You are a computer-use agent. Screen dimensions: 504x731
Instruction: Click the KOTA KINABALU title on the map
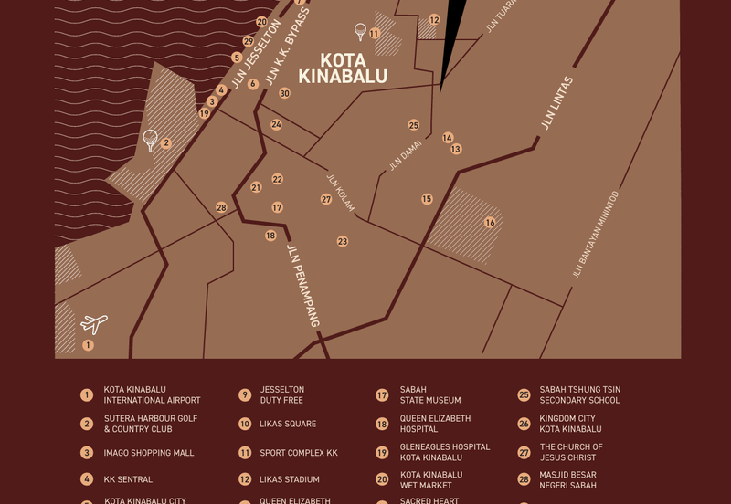coord(343,68)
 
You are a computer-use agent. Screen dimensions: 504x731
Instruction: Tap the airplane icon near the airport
coord(94,324)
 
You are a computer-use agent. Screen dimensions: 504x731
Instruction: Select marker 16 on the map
coord(490,223)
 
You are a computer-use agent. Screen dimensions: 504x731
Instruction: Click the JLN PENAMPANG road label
coord(303,286)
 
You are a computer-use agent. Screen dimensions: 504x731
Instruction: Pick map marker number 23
coord(343,242)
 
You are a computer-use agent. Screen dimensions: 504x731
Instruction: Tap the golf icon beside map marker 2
coord(151,140)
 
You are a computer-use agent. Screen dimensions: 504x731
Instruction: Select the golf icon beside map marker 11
coord(361,32)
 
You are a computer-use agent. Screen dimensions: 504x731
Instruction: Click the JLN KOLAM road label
coord(341,193)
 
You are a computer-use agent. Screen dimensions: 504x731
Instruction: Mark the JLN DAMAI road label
coord(405,155)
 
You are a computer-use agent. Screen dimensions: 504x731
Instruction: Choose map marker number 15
coord(427,199)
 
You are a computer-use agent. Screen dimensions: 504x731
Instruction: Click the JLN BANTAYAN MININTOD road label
coord(595,235)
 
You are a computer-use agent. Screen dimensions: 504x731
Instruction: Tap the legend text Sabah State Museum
coord(429,394)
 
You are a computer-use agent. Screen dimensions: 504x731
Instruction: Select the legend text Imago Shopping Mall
coord(148,453)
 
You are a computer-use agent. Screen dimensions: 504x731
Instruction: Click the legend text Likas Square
coord(288,424)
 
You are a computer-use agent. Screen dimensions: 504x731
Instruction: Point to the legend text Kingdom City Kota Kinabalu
coord(570,424)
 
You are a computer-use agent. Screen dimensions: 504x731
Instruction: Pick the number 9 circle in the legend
coord(245,395)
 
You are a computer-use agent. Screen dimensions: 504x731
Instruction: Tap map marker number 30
coord(284,94)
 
